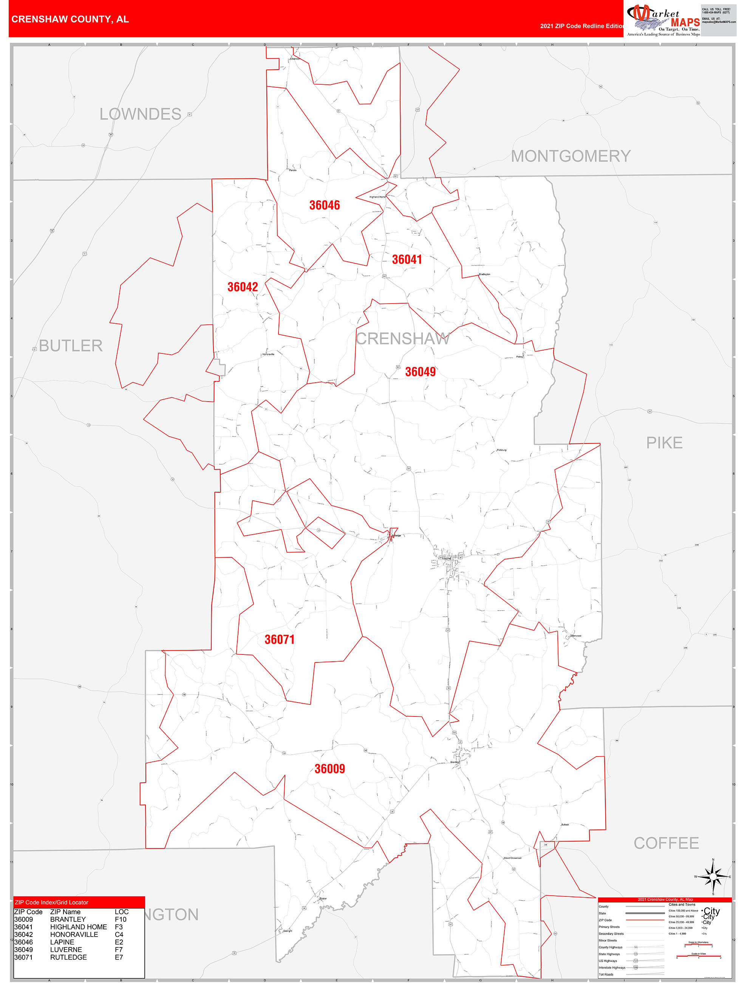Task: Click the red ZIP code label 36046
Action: (324, 205)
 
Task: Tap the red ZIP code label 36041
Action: (407, 259)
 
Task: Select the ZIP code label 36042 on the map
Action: (243, 287)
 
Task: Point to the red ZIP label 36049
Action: (420, 372)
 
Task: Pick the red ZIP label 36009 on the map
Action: (330, 769)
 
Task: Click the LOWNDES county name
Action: (141, 114)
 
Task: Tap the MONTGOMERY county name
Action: (571, 157)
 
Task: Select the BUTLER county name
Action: (71, 346)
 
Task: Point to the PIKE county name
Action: (664, 443)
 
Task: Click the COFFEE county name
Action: (666, 843)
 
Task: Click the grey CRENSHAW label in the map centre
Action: (402, 339)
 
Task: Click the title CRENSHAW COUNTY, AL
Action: (70, 19)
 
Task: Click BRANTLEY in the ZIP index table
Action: (68, 919)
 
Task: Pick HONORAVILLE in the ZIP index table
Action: (74, 935)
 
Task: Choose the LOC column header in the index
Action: (121, 912)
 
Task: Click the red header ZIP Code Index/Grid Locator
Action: (51, 902)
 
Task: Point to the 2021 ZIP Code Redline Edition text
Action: (582, 26)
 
